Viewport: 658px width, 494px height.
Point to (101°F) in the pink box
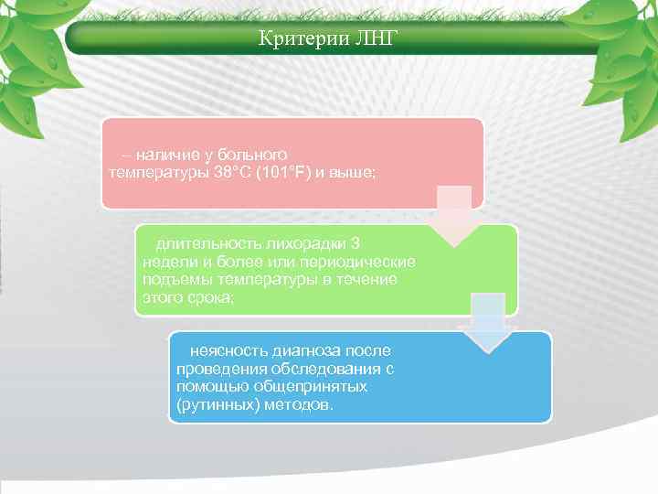point(268,172)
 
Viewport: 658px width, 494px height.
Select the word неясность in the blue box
point(222,350)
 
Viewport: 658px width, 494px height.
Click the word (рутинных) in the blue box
point(213,404)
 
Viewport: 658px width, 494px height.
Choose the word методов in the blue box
point(294,404)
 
